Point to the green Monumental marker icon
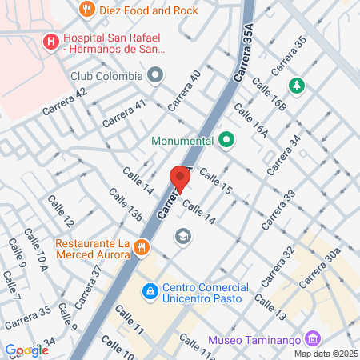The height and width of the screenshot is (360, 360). [226, 141]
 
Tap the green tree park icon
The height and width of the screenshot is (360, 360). [297, 85]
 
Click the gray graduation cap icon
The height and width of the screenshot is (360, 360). [182, 236]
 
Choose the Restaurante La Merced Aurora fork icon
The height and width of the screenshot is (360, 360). [142, 246]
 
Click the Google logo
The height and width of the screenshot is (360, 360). [26, 350]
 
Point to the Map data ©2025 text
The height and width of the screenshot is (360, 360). [326, 353]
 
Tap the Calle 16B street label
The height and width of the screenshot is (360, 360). [268, 94]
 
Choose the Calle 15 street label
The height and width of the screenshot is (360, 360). [215, 182]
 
